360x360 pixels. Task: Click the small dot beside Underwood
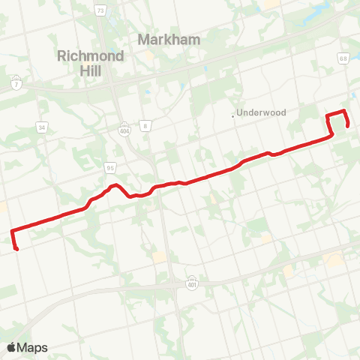[233, 115]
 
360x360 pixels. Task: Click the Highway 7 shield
[16, 79]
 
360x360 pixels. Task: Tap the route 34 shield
[42, 128]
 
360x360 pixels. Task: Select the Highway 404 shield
[124, 128]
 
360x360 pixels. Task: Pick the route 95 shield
[110, 166]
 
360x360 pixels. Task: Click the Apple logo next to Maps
[12, 347]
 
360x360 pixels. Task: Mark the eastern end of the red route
[349, 126]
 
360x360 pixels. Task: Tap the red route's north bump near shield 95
[114, 184]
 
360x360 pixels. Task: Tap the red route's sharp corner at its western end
[11, 231]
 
